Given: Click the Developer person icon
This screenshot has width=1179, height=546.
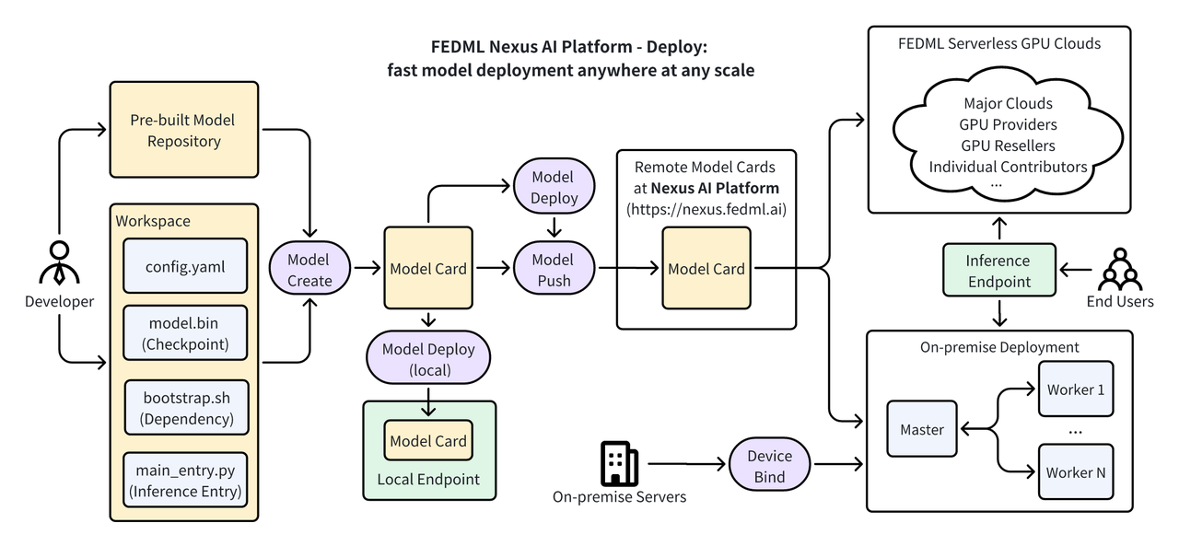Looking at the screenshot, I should [59, 261].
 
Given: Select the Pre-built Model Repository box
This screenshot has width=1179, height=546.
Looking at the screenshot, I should [183, 130].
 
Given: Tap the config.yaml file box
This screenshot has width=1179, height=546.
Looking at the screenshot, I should [185, 267].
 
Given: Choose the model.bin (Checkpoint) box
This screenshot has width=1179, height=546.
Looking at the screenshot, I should [185, 332].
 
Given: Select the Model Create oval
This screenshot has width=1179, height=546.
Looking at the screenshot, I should [309, 269].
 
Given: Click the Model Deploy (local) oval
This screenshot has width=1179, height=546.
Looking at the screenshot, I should [428, 359].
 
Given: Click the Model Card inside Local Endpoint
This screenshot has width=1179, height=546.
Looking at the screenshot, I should [428, 441].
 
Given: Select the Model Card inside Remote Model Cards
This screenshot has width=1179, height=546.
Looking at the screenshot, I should [706, 268].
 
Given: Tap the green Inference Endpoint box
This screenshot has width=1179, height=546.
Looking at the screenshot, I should [998, 271].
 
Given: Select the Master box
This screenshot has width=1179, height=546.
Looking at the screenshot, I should [922, 429].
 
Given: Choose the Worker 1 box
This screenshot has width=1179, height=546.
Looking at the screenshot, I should [1075, 389].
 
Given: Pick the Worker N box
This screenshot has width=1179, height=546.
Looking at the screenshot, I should [1075, 472].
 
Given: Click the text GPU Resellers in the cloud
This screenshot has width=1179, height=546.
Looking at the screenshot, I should [1008, 145].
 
